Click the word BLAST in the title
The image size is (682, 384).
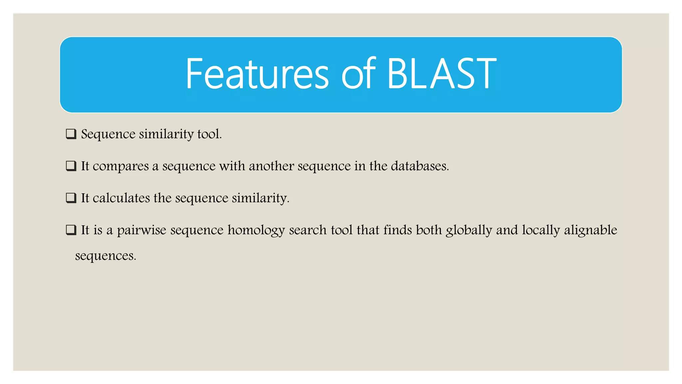442,74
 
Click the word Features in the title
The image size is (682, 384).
257,74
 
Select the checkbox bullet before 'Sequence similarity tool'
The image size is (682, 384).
71,134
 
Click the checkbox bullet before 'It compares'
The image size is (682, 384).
71,166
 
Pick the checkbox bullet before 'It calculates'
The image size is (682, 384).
71,198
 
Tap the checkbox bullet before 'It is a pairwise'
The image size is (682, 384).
71,230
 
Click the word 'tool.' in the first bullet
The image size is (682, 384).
209,134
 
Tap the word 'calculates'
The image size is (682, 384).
121,198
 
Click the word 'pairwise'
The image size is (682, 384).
141,230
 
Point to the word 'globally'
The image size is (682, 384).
469,230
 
